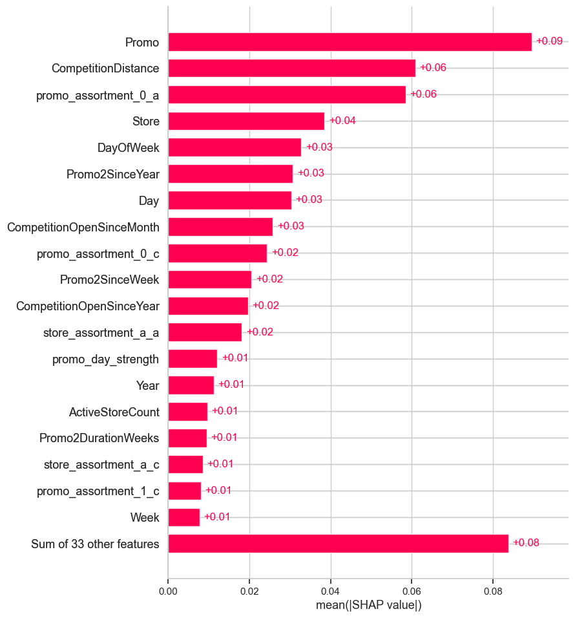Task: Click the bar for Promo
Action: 350,42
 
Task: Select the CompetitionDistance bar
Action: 291,68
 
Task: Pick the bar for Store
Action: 246,121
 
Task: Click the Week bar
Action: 183,517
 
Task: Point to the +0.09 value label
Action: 549,41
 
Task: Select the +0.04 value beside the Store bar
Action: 342,121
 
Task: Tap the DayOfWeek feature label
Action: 128,147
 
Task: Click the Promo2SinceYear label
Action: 113,174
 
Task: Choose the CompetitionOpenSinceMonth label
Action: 83,227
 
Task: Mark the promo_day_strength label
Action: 106,359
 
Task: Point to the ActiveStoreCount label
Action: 114,412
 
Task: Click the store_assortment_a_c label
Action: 101,465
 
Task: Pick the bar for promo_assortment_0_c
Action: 217,253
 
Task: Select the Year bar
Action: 191,385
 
